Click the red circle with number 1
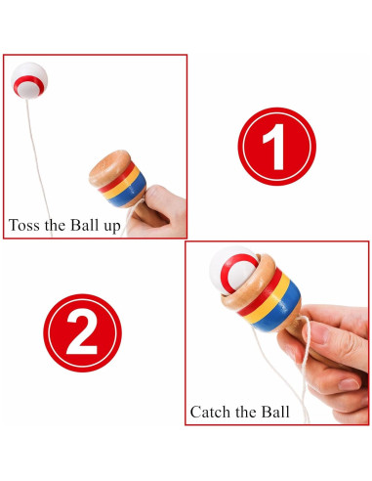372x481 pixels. click(x=276, y=146)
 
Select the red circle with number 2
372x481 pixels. click(x=82, y=332)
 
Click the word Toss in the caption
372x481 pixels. click(x=26, y=225)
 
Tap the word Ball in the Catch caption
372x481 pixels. click(x=274, y=412)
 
